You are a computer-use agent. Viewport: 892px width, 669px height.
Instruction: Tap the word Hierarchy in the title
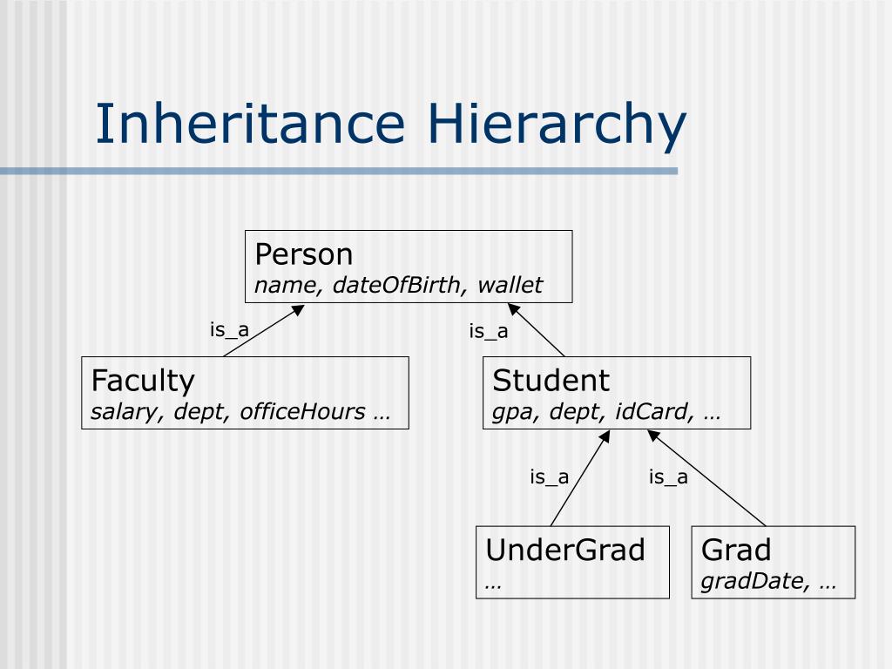(x=557, y=125)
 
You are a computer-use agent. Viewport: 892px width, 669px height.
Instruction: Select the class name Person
(x=304, y=254)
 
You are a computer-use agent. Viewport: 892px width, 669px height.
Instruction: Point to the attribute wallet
(x=510, y=285)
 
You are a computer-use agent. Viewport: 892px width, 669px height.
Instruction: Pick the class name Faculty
(x=143, y=381)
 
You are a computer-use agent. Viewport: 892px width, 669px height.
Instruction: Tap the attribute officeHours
(x=302, y=411)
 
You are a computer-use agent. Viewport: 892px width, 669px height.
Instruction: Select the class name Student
(x=551, y=381)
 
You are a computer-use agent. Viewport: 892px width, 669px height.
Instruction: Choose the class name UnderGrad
(x=565, y=551)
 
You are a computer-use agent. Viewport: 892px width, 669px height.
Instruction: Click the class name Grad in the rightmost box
(x=736, y=551)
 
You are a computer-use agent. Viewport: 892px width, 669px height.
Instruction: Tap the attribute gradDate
(x=753, y=581)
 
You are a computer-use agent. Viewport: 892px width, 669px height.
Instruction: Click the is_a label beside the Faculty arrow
(x=229, y=330)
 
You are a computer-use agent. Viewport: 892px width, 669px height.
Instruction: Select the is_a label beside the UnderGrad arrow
(x=550, y=476)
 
